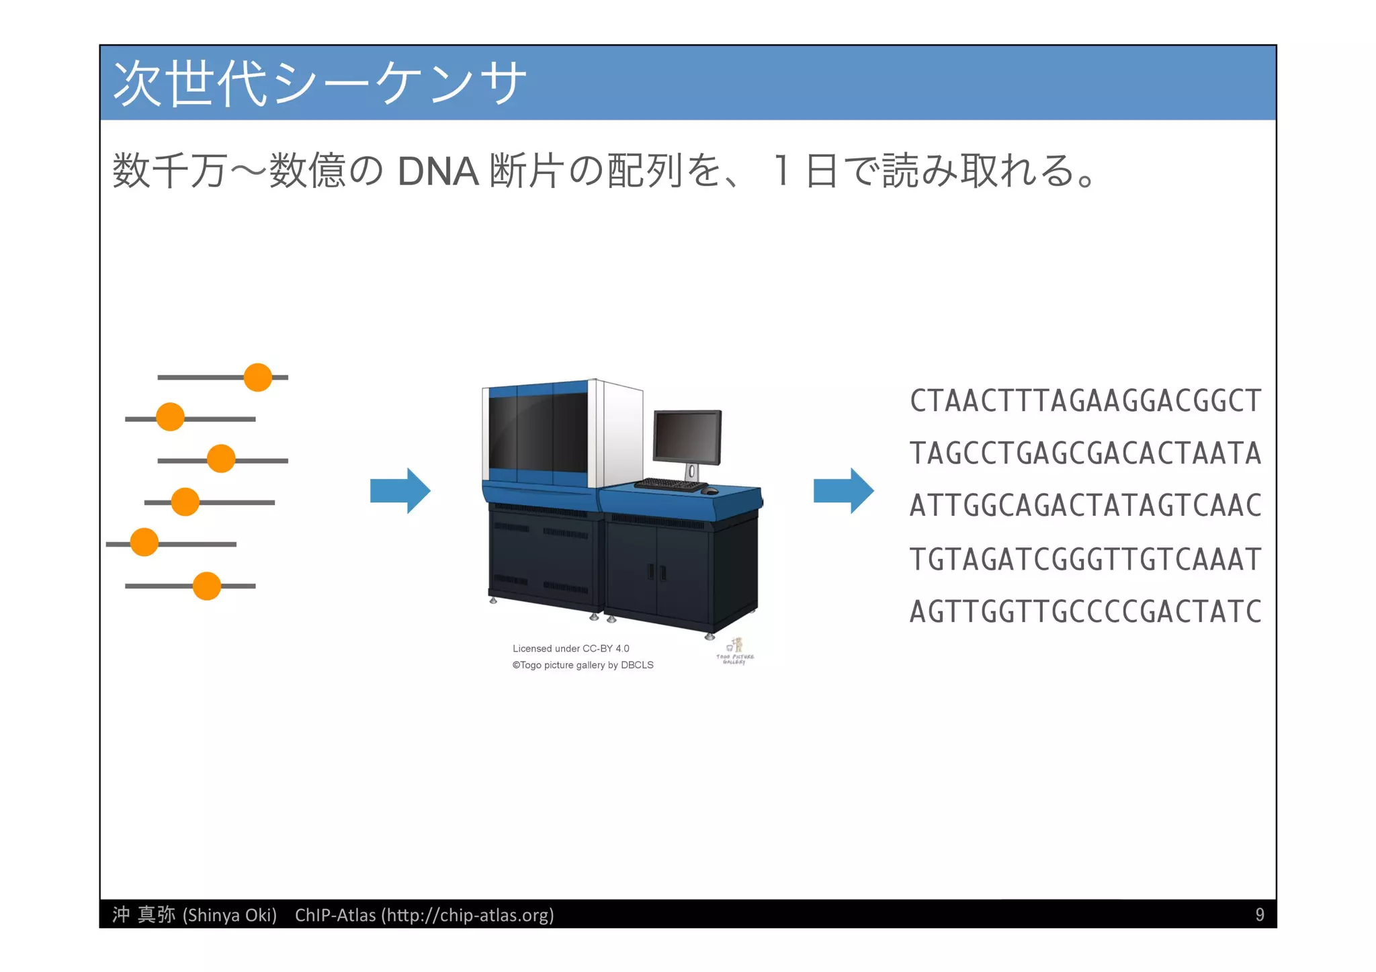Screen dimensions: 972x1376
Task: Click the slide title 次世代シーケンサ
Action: [319, 83]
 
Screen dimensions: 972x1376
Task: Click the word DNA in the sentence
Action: [437, 171]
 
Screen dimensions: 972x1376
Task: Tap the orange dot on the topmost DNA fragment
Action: [257, 378]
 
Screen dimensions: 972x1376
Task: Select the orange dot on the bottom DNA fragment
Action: [206, 586]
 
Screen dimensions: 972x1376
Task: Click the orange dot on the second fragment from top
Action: [170, 417]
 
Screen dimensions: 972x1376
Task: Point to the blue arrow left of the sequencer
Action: [400, 491]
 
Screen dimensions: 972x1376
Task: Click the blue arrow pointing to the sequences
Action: [843, 491]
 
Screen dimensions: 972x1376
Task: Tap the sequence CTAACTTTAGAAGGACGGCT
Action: [1085, 401]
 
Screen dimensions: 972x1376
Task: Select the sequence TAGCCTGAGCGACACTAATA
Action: [1085, 453]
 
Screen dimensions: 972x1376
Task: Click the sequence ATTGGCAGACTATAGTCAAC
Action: [1085, 506]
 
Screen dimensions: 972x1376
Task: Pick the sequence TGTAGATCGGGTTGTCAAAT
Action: [1085, 559]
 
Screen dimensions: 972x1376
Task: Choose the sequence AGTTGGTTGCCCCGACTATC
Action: [1085, 612]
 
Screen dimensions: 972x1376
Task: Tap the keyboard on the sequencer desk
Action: [670, 484]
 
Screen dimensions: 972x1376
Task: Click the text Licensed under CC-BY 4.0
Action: [570, 648]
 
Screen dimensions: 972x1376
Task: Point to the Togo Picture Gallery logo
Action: [735, 652]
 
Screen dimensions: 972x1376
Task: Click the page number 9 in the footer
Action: [1259, 915]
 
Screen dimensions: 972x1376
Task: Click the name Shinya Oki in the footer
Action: [230, 915]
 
